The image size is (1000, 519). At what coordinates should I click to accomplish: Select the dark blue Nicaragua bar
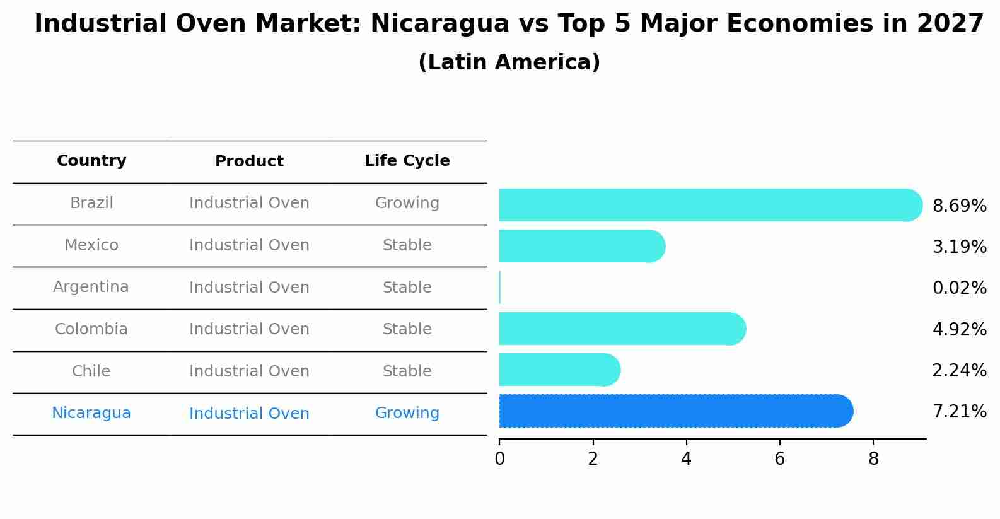[675, 411]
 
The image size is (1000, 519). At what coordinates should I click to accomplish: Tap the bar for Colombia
[621, 329]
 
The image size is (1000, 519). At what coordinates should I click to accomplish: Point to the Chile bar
[559, 370]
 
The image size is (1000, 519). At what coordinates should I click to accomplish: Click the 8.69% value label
[959, 206]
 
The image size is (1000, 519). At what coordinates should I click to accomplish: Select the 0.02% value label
[959, 288]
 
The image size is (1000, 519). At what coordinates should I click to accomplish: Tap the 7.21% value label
[959, 412]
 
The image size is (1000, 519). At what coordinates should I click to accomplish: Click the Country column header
[91, 161]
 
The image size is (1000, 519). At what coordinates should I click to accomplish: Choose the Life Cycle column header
[407, 161]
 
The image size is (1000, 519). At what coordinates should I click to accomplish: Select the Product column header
[249, 161]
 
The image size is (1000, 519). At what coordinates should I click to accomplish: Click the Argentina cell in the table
[91, 287]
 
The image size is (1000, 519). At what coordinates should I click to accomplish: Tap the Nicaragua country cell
[91, 413]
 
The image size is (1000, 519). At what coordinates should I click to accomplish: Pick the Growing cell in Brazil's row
[407, 203]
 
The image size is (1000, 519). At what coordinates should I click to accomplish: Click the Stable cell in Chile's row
[407, 371]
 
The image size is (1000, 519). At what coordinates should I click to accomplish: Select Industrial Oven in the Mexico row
[249, 245]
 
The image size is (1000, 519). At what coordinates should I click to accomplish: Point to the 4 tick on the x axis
[686, 458]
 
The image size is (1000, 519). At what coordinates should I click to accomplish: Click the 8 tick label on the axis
[873, 458]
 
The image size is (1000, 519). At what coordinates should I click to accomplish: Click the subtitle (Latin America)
[509, 62]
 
